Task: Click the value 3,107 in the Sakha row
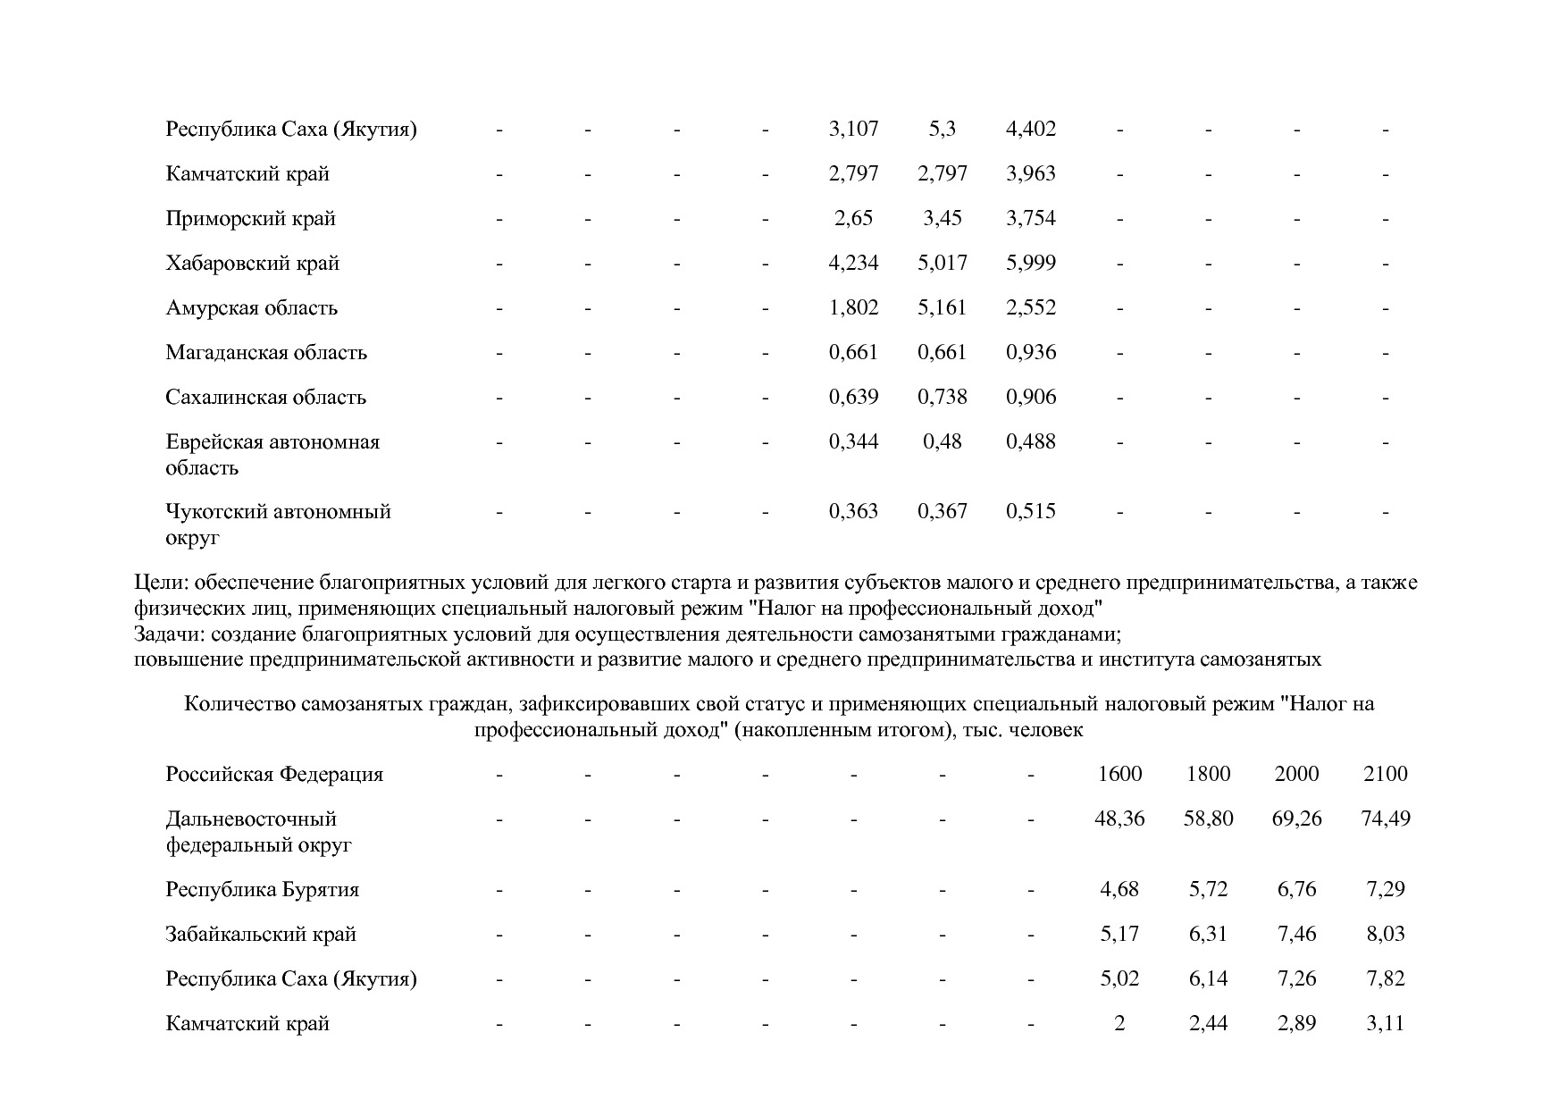point(853,130)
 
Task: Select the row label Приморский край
point(250,219)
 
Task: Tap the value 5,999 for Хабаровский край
point(1031,264)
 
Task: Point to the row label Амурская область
point(251,308)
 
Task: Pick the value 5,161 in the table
point(942,308)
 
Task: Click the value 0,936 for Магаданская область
point(1031,353)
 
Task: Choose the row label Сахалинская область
point(265,398)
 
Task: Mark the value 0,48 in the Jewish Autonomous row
point(942,442)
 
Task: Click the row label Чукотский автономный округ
point(278,525)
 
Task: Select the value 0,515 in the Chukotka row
point(1031,512)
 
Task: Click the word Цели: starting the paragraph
point(161,583)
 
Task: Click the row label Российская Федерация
point(274,775)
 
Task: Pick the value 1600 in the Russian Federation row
point(1119,775)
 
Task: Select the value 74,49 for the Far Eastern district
point(1385,819)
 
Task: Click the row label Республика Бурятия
point(262,890)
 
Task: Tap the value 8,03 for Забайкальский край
point(1385,935)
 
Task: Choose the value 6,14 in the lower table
point(1208,979)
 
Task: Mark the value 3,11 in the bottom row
point(1385,1024)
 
